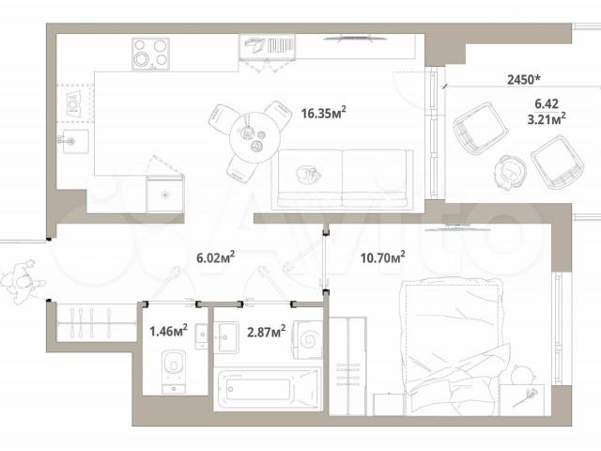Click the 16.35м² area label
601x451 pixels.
pyautogui.click(x=323, y=113)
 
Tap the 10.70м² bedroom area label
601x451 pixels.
pyautogui.click(x=382, y=257)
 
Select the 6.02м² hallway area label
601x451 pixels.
pyautogui.click(x=215, y=257)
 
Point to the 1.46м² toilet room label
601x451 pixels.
pyautogui.click(x=168, y=331)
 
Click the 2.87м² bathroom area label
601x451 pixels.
pyautogui.click(x=266, y=331)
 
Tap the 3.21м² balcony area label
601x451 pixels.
pyautogui.click(x=547, y=119)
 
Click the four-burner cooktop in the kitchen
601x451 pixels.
pyautogui.click(x=150, y=54)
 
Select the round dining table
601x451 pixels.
pyautogui.click(x=253, y=138)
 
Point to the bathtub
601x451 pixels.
pyautogui.click(x=267, y=389)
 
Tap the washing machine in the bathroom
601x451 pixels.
pyautogui.click(x=308, y=340)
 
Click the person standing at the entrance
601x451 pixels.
pyautogui.click(x=23, y=281)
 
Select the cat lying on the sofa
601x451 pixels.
pyautogui.click(x=308, y=174)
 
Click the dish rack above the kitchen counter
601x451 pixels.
pyautogui.click(x=267, y=47)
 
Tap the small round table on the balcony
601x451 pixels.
pyautogui.click(x=509, y=171)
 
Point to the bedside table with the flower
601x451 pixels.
pyautogui.click(x=522, y=399)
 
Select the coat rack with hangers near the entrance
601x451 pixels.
pyautogui.click(x=96, y=323)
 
